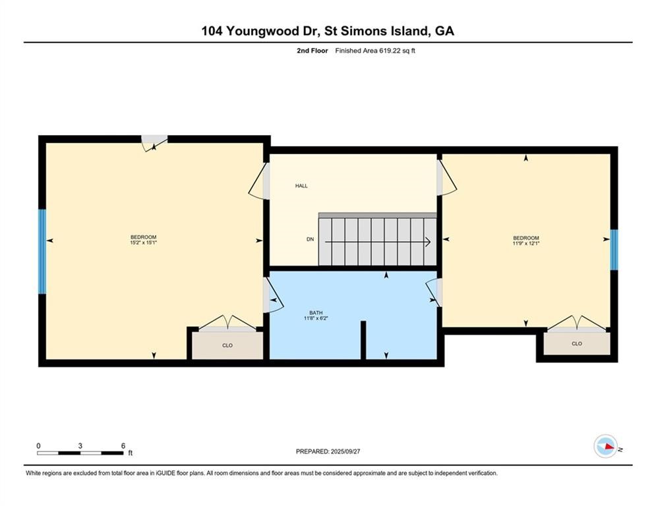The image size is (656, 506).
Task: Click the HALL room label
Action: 301,186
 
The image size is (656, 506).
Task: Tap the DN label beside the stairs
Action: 310,239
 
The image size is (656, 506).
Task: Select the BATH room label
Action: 316,312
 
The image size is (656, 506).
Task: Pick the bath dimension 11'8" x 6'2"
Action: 316,319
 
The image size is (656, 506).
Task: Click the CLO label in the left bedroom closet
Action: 227,345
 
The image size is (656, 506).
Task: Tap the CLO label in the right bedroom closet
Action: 577,343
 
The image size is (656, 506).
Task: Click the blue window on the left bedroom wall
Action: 43,251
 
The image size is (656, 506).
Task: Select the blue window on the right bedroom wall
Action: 614,250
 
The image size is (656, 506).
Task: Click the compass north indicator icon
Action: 605,447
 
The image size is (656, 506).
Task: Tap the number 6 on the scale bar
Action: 123,445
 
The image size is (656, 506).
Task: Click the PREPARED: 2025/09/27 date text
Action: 328,451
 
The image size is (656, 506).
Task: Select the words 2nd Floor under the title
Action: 313,51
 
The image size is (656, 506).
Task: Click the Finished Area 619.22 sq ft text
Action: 375,51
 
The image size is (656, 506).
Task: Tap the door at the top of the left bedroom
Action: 154,142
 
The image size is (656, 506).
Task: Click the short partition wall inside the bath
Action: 363,340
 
